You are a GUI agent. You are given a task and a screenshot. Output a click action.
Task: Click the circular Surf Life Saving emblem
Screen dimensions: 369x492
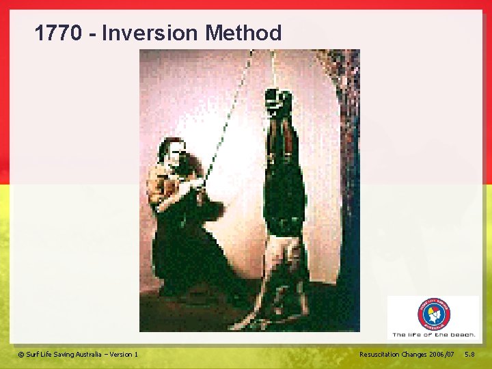tap(434, 315)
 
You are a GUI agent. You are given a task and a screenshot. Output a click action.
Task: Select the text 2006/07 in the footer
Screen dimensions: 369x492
tap(441, 354)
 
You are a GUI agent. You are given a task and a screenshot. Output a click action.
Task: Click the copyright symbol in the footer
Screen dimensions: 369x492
tap(21, 354)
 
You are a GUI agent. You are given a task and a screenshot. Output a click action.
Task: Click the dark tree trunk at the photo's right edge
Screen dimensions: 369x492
tap(348, 137)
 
